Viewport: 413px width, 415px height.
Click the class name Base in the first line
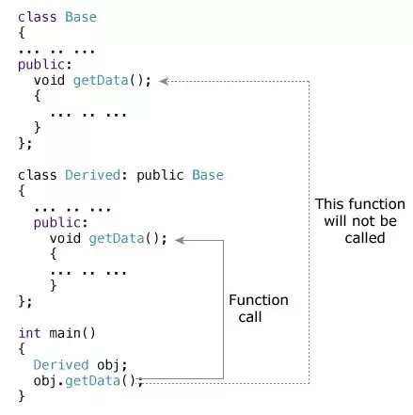tap(81, 17)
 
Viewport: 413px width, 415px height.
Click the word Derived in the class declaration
tap(93, 175)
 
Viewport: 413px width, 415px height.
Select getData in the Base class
tap(101, 81)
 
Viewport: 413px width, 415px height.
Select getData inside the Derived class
tap(117, 239)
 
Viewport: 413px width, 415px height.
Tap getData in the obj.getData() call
tap(92, 381)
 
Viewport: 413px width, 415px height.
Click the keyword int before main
tap(29, 333)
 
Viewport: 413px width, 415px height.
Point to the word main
tap(65, 333)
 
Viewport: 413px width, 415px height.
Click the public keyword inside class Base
tap(41, 65)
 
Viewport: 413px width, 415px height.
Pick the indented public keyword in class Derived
tap(57, 223)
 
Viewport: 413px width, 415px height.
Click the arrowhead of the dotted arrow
tap(164, 81)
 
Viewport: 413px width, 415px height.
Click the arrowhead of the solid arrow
tap(180, 240)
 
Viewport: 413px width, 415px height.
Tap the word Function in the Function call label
tap(259, 300)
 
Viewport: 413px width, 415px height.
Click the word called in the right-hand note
tap(365, 238)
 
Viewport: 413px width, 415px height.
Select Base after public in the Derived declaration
tap(208, 175)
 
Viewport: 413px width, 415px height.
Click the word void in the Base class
tap(49, 80)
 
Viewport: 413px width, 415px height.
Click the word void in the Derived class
tap(65, 238)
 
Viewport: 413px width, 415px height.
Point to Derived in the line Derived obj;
tap(61, 365)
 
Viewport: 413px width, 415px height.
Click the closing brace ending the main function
tap(22, 396)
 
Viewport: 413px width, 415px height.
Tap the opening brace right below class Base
tap(22, 33)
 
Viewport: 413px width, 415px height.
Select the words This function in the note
tap(360, 204)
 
